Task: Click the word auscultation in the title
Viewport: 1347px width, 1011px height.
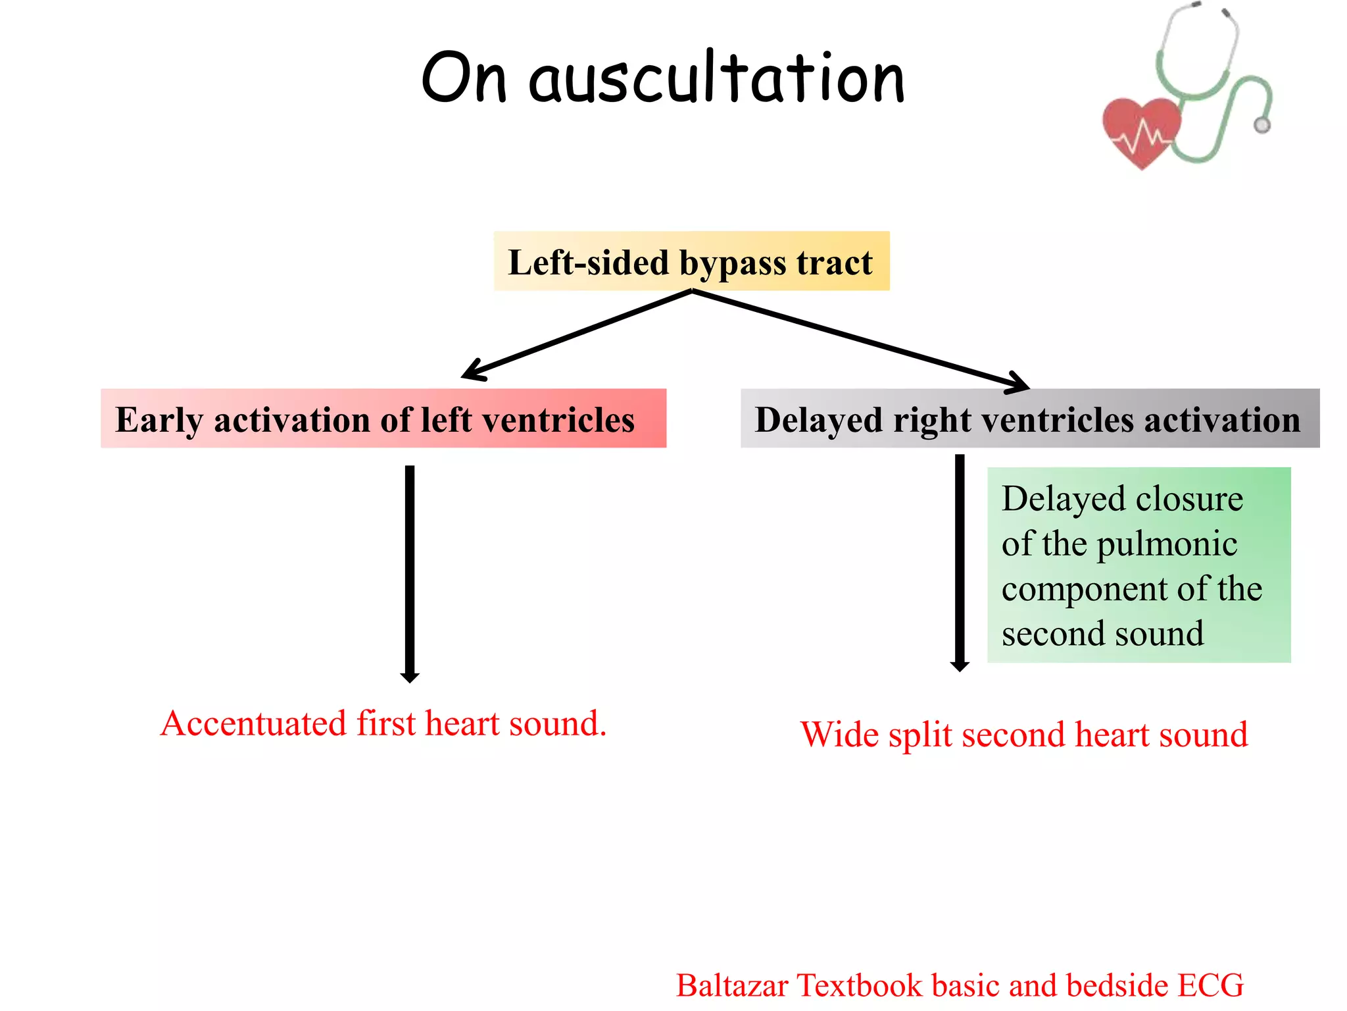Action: point(717,79)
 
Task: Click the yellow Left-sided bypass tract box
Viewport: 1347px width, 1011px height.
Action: point(691,261)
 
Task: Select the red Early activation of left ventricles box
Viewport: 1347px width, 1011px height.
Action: point(383,419)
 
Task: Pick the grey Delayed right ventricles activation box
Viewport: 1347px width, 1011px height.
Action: point(1029,419)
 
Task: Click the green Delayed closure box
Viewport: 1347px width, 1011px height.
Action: point(1138,565)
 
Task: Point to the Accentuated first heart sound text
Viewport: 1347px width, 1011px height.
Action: point(383,723)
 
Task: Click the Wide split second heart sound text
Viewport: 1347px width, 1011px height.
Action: point(1023,734)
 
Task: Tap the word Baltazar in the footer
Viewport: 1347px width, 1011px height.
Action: point(732,985)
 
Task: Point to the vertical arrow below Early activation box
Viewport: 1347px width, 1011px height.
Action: point(410,573)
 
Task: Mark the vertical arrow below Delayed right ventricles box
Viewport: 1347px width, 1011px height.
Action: point(960,563)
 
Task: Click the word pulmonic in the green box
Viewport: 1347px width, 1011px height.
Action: point(1167,544)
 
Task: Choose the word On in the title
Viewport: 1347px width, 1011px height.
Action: point(464,79)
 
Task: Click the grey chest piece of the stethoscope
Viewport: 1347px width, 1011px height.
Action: point(1261,124)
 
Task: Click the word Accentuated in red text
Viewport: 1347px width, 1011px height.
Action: point(253,723)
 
